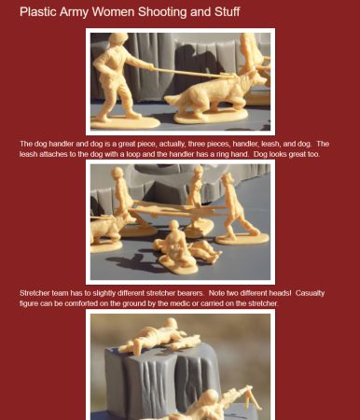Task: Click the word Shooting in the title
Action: click(x=161, y=12)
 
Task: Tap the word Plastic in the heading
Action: click(x=38, y=12)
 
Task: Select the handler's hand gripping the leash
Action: click(x=150, y=67)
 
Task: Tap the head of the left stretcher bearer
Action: click(x=118, y=173)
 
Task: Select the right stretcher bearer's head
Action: click(x=228, y=178)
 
